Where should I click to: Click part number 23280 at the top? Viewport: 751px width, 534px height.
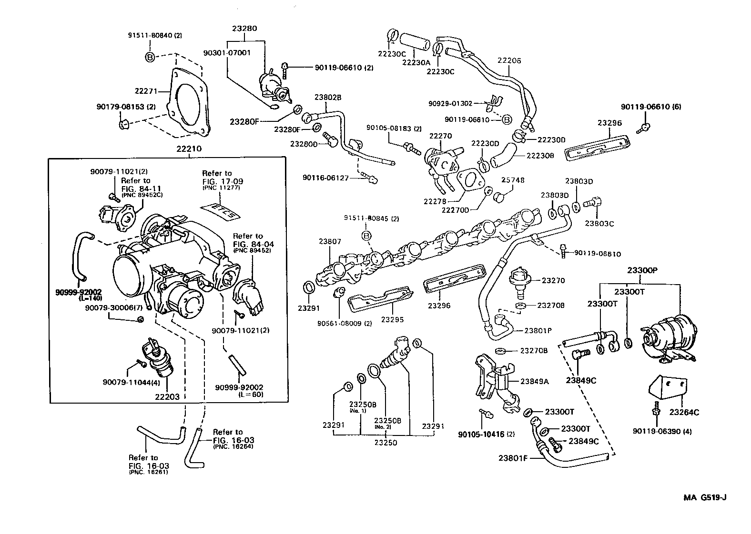[x=244, y=29]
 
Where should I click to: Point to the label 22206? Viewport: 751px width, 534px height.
[x=509, y=60]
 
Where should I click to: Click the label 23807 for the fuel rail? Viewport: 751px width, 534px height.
[x=330, y=242]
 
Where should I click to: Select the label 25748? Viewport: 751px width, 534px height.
[x=513, y=180]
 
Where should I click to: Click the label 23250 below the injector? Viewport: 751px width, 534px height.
[x=385, y=443]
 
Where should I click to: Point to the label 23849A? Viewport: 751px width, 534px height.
[x=534, y=367]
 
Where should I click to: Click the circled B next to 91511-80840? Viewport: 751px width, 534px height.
[x=150, y=58]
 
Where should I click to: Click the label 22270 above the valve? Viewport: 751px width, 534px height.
[x=440, y=136]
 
